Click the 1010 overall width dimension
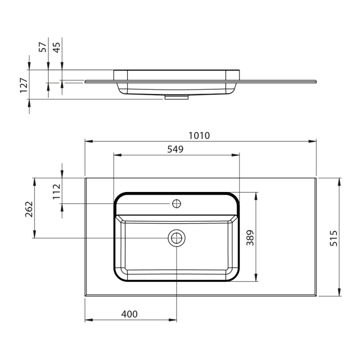point(199,136)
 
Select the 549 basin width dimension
point(175,149)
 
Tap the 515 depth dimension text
point(334,238)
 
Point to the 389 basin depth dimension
point(250,238)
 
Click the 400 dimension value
point(129,314)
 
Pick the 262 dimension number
point(29,209)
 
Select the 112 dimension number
point(57,192)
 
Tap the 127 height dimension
point(24,85)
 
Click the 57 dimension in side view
point(43,47)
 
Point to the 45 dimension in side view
point(57,48)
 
